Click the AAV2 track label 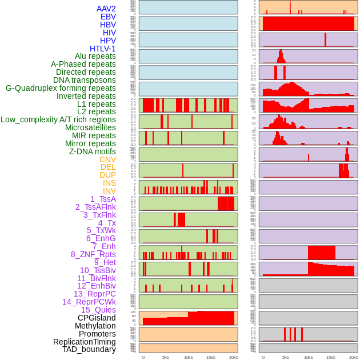pyautogui.click(x=106, y=9)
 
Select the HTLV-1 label pyautogui.click(x=102, y=49)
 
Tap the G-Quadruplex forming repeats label pyautogui.click(x=61, y=88)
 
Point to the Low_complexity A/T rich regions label pyautogui.click(x=58, y=119)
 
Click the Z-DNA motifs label pyautogui.click(x=93, y=151)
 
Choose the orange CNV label pyautogui.click(x=107, y=159)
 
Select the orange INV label pyautogui.click(x=109, y=191)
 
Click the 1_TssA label pyautogui.click(x=103, y=199)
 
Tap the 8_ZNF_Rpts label pyautogui.click(x=93, y=254)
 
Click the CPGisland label pyautogui.click(x=97, y=318)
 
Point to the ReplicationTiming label pyautogui.click(x=84, y=342)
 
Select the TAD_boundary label pyautogui.click(x=89, y=349)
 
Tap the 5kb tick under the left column pyautogui.click(x=166, y=357)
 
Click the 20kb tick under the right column pyautogui.click(x=354, y=357)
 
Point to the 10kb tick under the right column pyautogui.click(x=309, y=357)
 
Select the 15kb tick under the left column pyautogui.click(x=211, y=357)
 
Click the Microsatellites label pyautogui.click(x=90, y=127)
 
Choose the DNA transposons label pyautogui.click(x=85, y=80)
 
